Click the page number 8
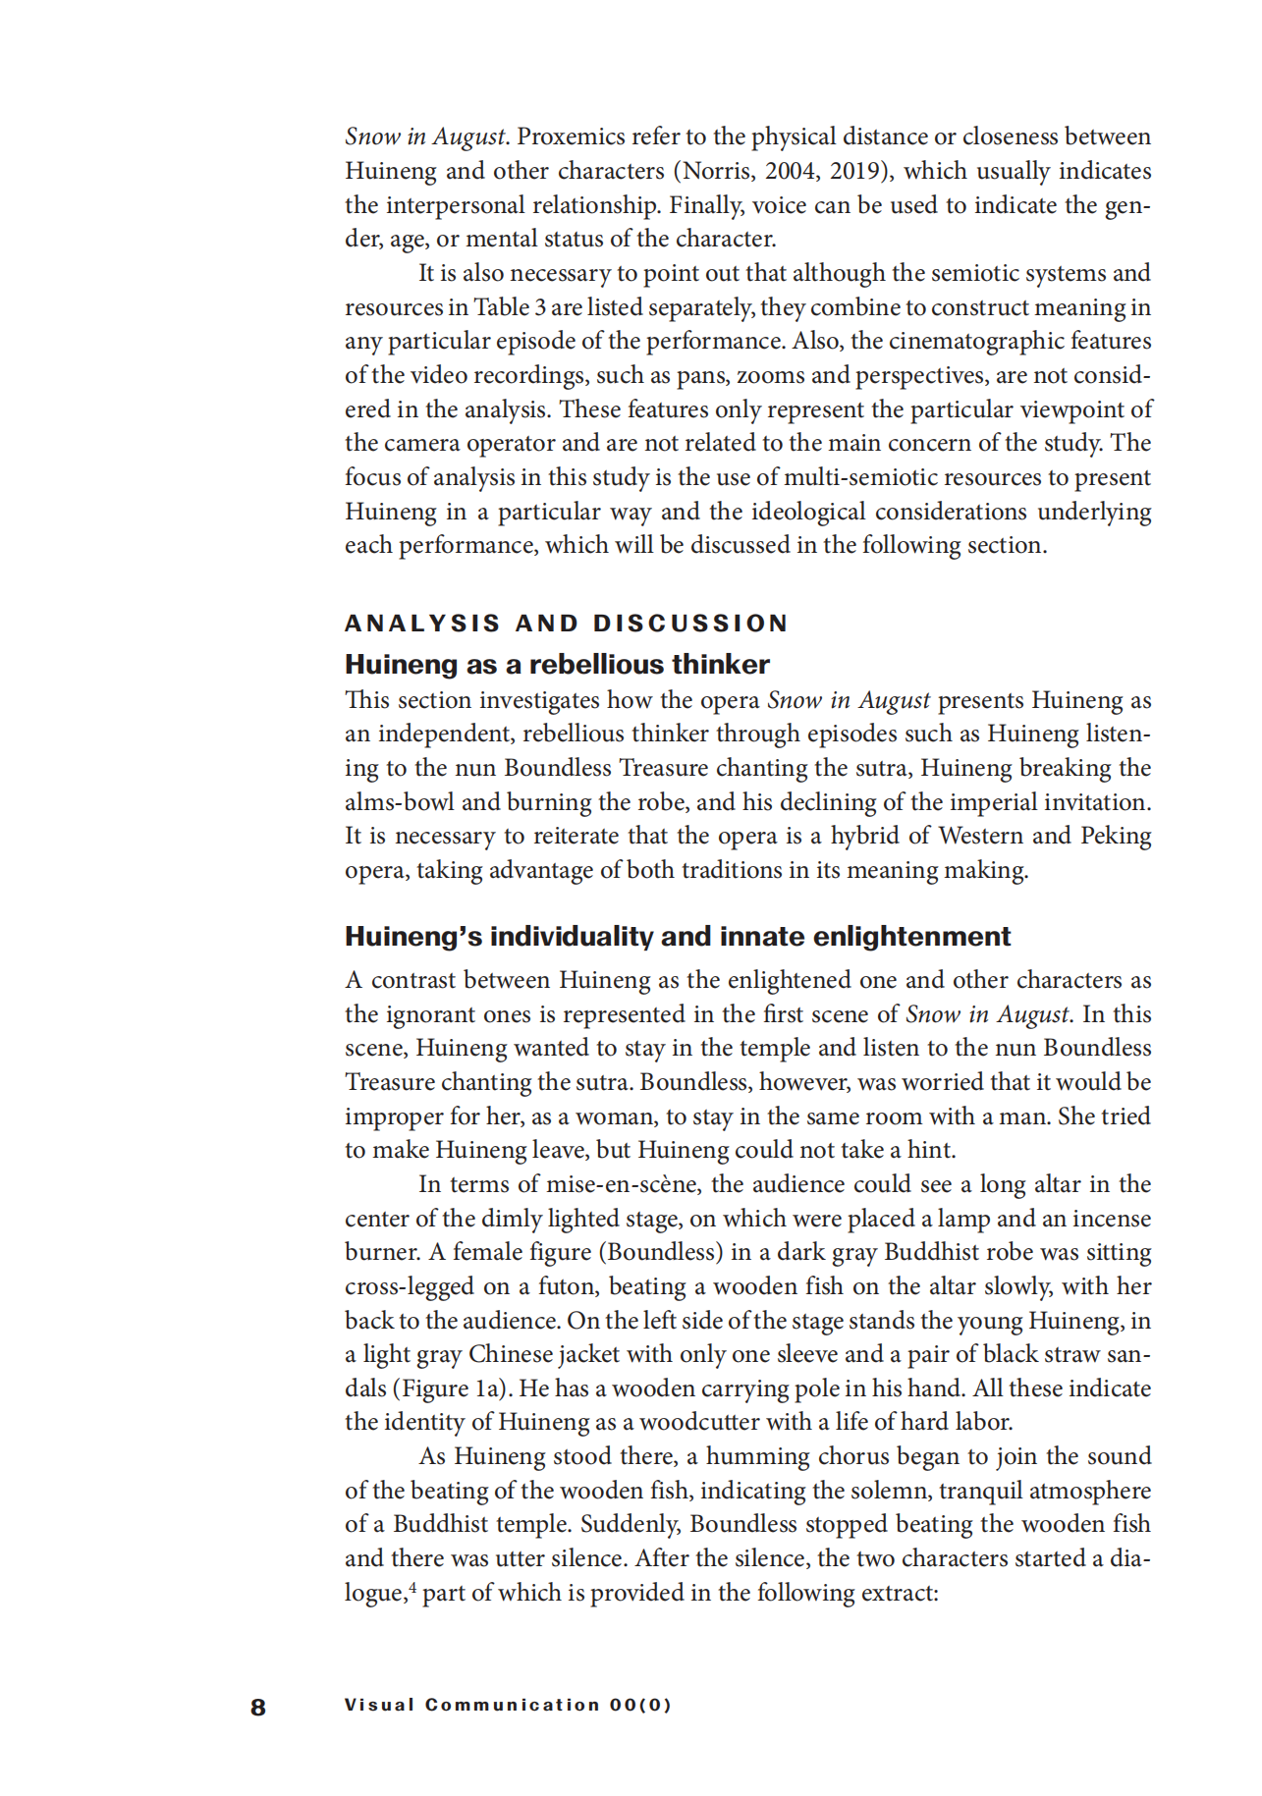coord(258,1707)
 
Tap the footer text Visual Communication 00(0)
coord(508,1705)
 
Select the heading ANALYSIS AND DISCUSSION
coord(567,624)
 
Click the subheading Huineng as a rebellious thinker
coord(557,665)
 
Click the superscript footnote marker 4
coord(412,1585)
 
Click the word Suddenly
coord(631,1524)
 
